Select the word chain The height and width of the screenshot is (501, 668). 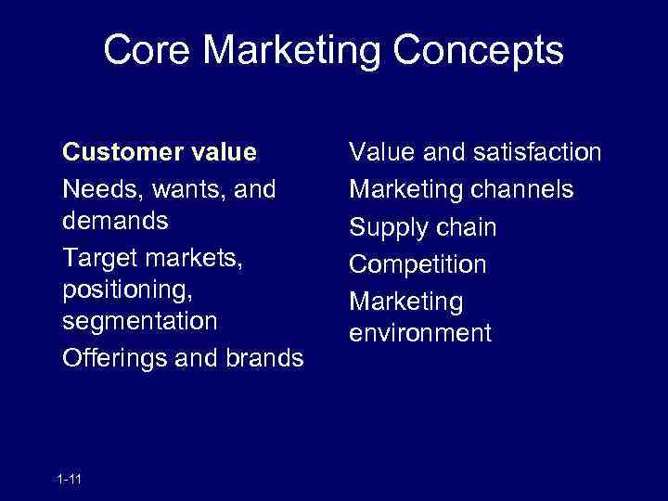click(x=466, y=227)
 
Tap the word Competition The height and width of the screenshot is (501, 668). click(x=417, y=264)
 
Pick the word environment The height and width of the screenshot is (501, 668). click(x=419, y=333)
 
